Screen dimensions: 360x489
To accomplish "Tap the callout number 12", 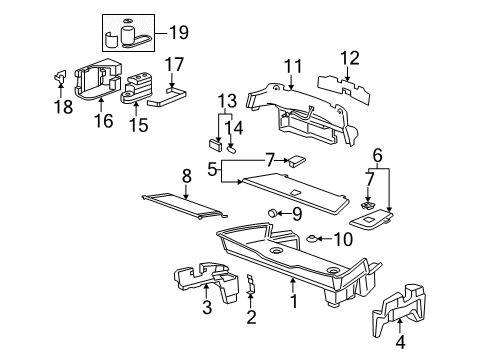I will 349,58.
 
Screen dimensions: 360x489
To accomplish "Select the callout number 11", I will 291,66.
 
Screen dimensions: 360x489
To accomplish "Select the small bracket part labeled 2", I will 251,286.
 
